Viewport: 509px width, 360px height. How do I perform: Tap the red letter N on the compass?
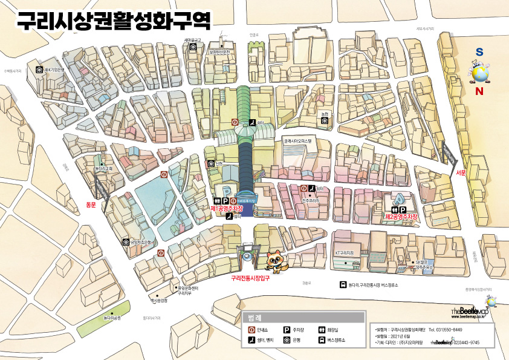(x=479, y=91)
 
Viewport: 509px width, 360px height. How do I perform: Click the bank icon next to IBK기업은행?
(x=39, y=70)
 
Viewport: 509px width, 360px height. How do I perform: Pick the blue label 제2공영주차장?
(x=402, y=216)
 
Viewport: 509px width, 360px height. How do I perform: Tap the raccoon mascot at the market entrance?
(x=278, y=261)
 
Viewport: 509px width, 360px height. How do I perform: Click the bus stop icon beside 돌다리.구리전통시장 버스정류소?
(x=342, y=285)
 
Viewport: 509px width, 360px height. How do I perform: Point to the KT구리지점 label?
(x=348, y=252)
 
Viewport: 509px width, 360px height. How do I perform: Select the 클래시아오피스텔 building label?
(x=300, y=140)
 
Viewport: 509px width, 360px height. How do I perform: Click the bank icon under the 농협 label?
(x=325, y=121)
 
